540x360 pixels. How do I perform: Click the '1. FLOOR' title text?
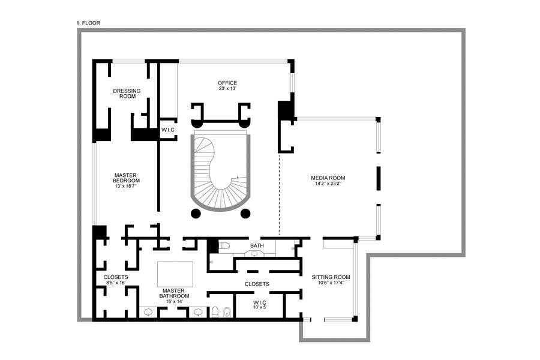tap(88, 23)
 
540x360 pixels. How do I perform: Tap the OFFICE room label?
tap(227, 83)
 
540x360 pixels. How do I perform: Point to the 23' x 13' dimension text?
tap(227, 89)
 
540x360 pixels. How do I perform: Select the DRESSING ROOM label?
tap(127, 94)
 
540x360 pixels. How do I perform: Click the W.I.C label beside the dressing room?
tap(167, 130)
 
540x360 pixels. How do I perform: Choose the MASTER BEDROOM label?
tap(127, 178)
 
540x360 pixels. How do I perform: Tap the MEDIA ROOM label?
tap(328, 178)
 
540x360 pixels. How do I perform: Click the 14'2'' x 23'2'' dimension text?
tap(328, 184)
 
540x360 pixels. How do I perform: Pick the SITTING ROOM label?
tap(331, 277)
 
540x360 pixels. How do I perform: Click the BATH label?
tap(257, 246)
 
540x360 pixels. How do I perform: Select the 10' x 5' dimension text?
tap(260, 307)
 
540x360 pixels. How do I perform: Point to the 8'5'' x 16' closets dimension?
tap(116, 283)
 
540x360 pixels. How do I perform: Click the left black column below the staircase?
tap(195, 214)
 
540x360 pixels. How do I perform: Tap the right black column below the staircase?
tap(245, 214)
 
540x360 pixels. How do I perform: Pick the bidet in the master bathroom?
tap(227, 312)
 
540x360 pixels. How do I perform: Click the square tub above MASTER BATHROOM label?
tap(175, 274)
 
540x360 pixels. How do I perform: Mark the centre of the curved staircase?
tap(220, 173)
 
